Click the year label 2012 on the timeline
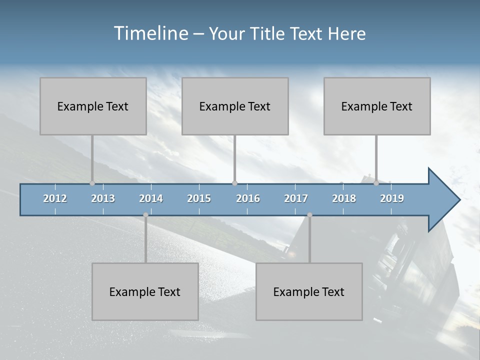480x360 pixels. pyautogui.click(x=55, y=198)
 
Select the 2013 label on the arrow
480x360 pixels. pyautogui.click(x=103, y=198)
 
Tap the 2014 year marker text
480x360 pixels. pyautogui.click(x=151, y=198)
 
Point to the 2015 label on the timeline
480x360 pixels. pyautogui.click(x=199, y=198)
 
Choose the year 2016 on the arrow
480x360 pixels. pyautogui.click(x=248, y=198)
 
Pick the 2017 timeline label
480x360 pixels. pyautogui.click(x=296, y=198)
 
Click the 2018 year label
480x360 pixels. pyautogui.click(x=344, y=198)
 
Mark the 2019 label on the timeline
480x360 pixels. pyautogui.click(x=392, y=198)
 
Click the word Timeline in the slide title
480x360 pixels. pyautogui.click(x=150, y=33)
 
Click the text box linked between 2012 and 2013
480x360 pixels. pyautogui.click(x=93, y=106)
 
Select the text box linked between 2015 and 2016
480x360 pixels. pyautogui.click(x=235, y=106)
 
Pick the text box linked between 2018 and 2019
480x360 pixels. pyautogui.click(x=377, y=106)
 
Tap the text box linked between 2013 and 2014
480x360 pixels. pyautogui.click(x=145, y=291)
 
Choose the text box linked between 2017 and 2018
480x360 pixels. pyautogui.click(x=309, y=291)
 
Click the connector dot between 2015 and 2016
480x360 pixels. pyautogui.click(x=235, y=183)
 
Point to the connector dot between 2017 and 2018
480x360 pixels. pyautogui.click(x=309, y=215)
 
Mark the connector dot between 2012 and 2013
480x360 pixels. pyautogui.click(x=92, y=183)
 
